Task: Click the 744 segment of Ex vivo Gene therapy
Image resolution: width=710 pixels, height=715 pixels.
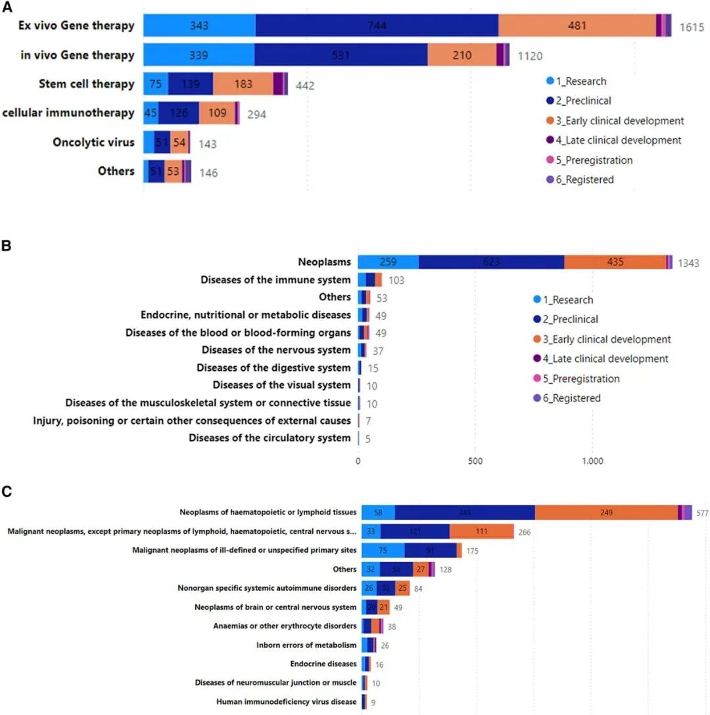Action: point(377,26)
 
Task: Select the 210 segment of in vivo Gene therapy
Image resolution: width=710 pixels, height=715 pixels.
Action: point(461,55)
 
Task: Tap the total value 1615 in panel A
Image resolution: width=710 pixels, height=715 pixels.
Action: point(692,27)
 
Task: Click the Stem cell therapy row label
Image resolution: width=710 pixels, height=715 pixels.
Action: point(86,84)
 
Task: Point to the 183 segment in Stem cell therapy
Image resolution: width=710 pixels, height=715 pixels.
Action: point(243,84)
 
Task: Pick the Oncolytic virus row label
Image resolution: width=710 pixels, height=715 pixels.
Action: point(93,143)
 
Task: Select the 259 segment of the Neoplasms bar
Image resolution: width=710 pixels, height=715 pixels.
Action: point(388,262)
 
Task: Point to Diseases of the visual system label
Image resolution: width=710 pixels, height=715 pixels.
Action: point(281,385)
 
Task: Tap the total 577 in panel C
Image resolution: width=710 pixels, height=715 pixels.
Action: point(702,513)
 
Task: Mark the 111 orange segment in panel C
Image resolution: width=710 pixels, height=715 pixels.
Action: point(481,531)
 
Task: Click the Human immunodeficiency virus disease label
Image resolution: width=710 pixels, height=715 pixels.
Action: point(286,702)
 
